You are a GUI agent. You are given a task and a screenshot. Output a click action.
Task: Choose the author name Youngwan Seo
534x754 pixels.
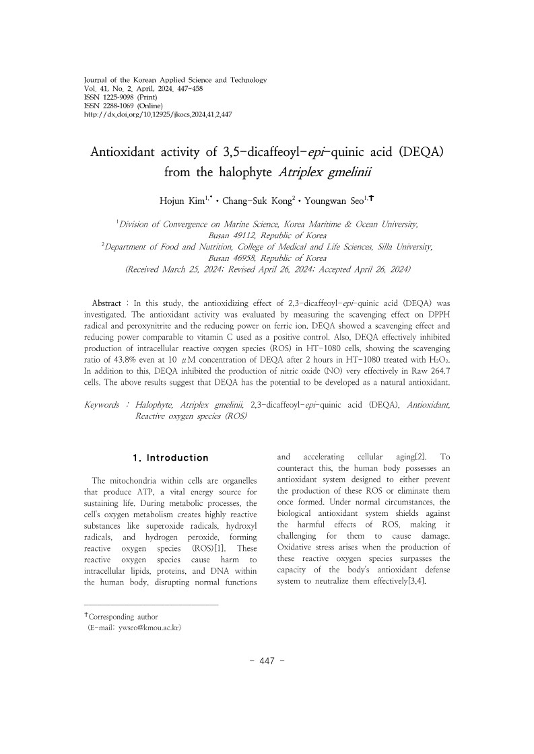click(334, 200)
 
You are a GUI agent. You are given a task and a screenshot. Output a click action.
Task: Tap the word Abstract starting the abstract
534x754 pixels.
click(106, 304)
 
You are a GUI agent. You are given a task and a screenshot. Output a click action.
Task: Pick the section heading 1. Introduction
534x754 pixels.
click(171, 458)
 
